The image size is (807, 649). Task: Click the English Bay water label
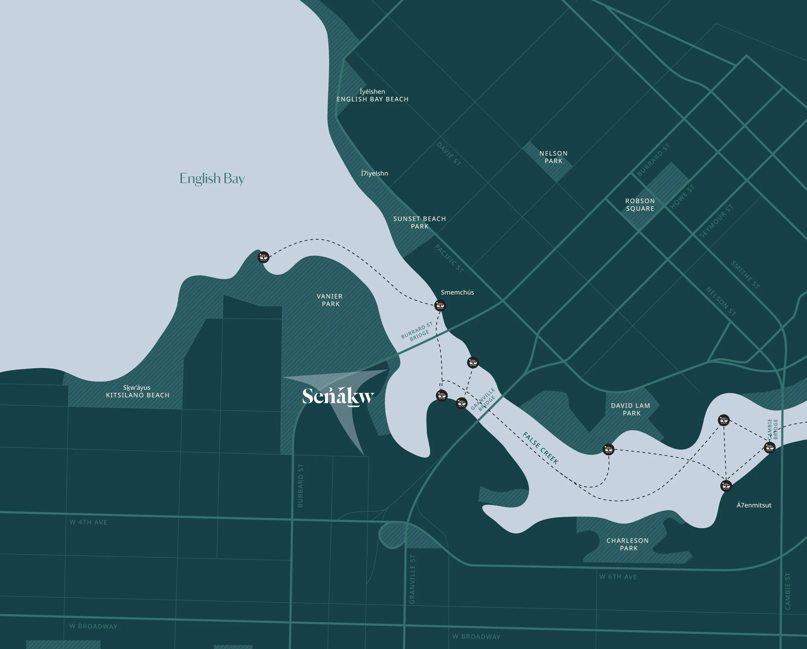[212, 178]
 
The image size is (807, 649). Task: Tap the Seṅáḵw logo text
[338, 396]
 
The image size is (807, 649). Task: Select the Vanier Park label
[330, 300]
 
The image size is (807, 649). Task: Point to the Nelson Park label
[553, 157]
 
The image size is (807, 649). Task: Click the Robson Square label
[640, 204]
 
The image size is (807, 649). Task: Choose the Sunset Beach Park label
[420, 222]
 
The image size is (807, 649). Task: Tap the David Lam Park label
[631, 409]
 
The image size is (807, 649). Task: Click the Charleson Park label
[628, 544]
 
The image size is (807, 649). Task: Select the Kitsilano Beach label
[138, 395]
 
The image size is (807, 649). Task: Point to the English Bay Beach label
[372, 99]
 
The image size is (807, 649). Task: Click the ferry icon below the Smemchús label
[440, 306]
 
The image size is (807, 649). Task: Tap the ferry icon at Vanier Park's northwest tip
[264, 257]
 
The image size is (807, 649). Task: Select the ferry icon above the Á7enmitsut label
[726, 486]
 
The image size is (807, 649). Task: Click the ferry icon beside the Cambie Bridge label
[769, 447]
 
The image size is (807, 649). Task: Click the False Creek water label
[541, 448]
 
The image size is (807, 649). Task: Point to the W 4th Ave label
[88, 522]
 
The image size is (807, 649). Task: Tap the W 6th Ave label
[618, 577]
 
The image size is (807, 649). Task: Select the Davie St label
[448, 154]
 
